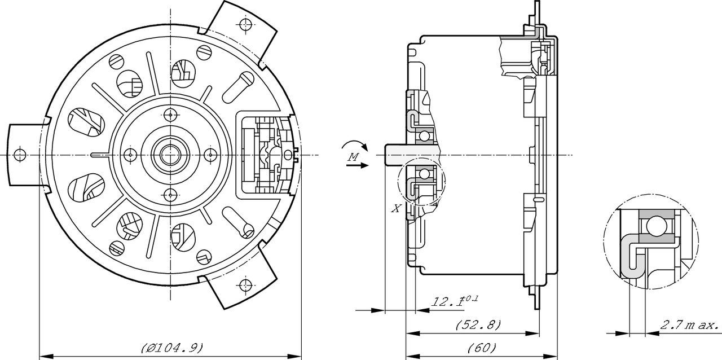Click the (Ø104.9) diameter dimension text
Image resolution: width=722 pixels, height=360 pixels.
pos(172,348)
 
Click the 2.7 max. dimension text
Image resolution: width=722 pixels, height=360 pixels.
pos(689,326)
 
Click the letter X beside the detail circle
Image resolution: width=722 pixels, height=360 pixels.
pos(397,208)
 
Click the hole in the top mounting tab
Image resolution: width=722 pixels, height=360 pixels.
pos(245,24)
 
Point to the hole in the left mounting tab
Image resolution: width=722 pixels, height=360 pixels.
pos(19,154)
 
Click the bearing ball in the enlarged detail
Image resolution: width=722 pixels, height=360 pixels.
pos(654,227)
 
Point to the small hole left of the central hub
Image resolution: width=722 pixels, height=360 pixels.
pos(130,153)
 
